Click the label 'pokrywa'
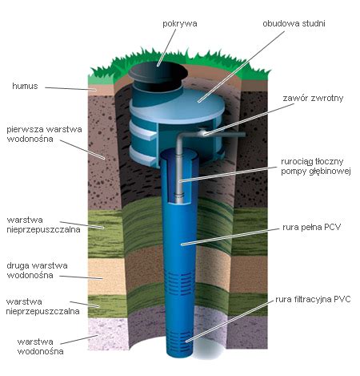[x=180, y=24]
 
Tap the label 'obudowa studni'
[x=294, y=23]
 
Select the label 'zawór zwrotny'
[x=313, y=98]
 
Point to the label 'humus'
[x=25, y=86]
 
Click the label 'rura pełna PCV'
[x=311, y=228]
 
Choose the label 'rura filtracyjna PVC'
[x=313, y=299]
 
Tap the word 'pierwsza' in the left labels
[x=24, y=130]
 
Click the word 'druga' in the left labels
[x=18, y=266]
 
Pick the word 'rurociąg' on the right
[x=297, y=162]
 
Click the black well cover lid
[x=158, y=71]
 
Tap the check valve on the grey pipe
[x=204, y=132]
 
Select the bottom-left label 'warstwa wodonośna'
[x=41, y=346]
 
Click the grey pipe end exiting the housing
[x=242, y=135]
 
